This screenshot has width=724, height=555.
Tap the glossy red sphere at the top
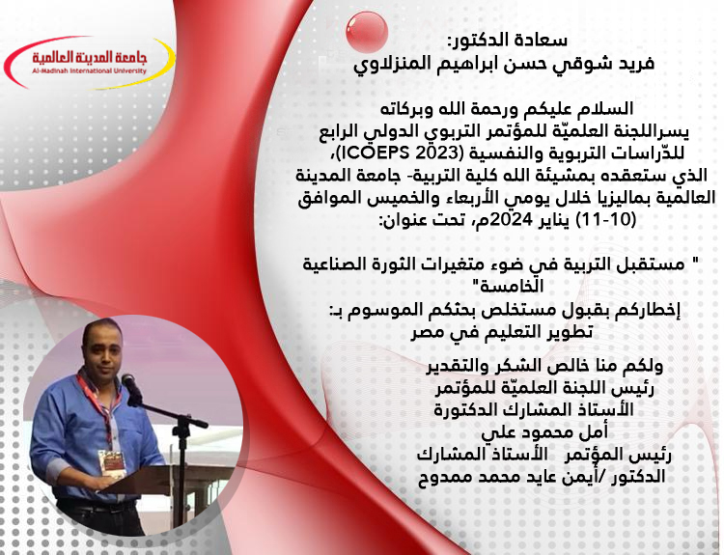(367, 31)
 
